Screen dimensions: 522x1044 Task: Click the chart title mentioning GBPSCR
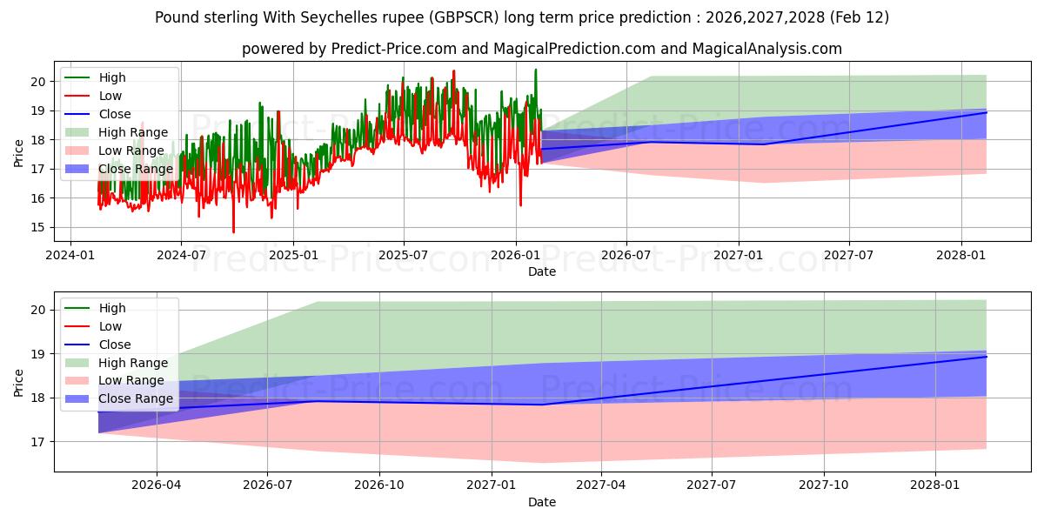click(x=522, y=17)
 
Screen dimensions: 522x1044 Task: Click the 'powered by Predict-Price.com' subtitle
click(x=541, y=49)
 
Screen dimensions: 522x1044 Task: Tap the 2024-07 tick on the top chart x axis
click(x=181, y=256)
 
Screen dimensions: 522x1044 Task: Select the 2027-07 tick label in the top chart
click(x=849, y=256)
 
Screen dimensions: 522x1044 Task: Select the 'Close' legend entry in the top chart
click(x=115, y=114)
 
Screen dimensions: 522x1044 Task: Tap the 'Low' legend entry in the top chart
click(x=110, y=96)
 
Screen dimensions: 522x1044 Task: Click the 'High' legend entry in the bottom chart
click(x=112, y=308)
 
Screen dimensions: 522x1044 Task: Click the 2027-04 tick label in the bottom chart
click(x=601, y=486)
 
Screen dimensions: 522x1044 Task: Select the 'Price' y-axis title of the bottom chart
click(x=18, y=382)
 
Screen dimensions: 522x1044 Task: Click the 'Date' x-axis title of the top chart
click(x=541, y=271)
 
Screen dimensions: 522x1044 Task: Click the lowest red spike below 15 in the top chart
click(x=233, y=231)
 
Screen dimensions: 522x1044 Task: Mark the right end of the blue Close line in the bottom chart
click(x=987, y=357)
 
